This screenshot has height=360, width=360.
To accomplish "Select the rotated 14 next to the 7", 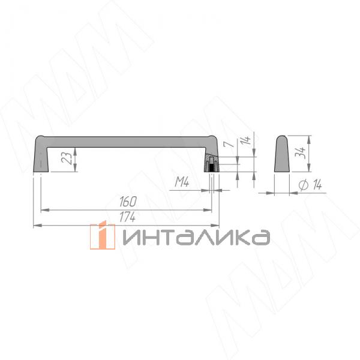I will (245, 143).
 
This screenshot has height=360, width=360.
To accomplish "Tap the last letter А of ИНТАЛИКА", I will (259, 238).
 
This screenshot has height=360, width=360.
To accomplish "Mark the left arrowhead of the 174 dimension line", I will (35, 225).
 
